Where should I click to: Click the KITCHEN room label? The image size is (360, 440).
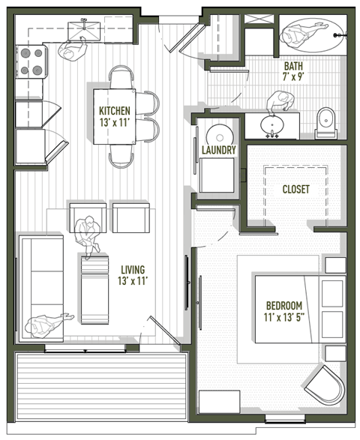tap(115, 111)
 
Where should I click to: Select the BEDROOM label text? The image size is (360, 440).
tap(283, 306)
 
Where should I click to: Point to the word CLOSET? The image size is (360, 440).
tap(295, 190)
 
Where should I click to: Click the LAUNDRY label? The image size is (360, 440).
tap(219, 150)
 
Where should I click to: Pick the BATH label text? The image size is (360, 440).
tap(293, 65)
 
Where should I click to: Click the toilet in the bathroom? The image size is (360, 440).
tap(327, 123)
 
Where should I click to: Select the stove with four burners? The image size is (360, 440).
tap(32, 61)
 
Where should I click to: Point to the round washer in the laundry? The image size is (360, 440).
tap(219, 135)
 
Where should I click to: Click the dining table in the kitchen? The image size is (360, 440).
tap(114, 117)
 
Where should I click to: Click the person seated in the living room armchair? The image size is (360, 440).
tap(88, 230)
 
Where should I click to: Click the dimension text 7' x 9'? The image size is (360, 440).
tap(293, 76)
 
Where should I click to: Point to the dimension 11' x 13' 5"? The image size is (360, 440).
tap(283, 318)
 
